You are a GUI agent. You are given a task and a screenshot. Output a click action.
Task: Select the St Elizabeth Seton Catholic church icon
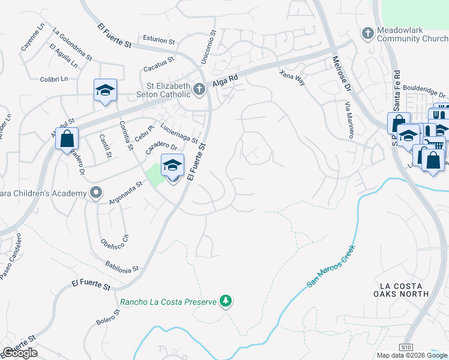click(200, 89)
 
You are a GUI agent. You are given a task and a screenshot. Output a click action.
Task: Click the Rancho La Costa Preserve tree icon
click(226, 301)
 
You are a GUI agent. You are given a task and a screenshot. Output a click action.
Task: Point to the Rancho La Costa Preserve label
click(167, 302)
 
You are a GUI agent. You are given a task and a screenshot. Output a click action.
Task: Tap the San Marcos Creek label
click(331, 265)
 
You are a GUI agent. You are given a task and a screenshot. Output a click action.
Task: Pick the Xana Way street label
click(293, 77)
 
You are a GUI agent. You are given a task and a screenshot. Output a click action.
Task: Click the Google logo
click(20, 353)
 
